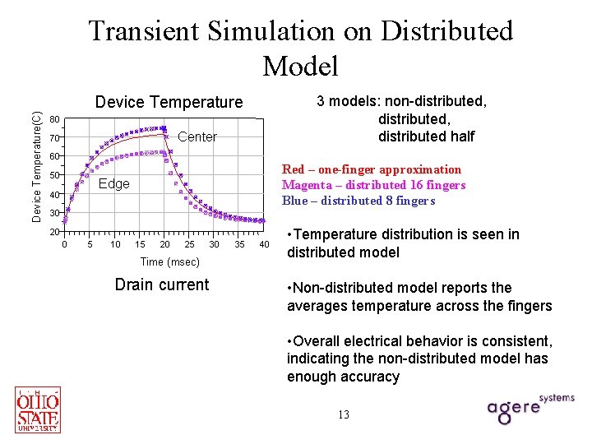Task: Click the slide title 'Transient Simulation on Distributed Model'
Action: [x=300, y=47]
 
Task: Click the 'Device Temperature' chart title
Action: [x=169, y=102]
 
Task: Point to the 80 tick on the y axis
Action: [x=54, y=118]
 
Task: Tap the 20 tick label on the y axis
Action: [x=54, y=232]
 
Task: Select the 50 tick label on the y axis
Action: [x=54, y=176]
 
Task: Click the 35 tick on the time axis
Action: [x=239, y=244]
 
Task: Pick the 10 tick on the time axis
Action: [x=115, y=244]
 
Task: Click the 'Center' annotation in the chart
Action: [x=197, y=137]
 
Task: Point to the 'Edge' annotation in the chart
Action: [x=113, y=183]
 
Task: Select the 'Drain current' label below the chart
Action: [x=162, y=285]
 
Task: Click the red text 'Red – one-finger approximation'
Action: [x=372, y=169]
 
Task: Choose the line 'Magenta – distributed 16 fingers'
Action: [x=373, y=185]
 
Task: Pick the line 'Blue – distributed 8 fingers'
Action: [x=358, y=201]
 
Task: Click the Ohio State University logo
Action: [x=38, y=409]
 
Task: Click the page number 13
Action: [x=343, y=414]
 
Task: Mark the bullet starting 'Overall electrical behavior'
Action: [x=419, y=358]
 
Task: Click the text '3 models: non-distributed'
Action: [x=403, y=102]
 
